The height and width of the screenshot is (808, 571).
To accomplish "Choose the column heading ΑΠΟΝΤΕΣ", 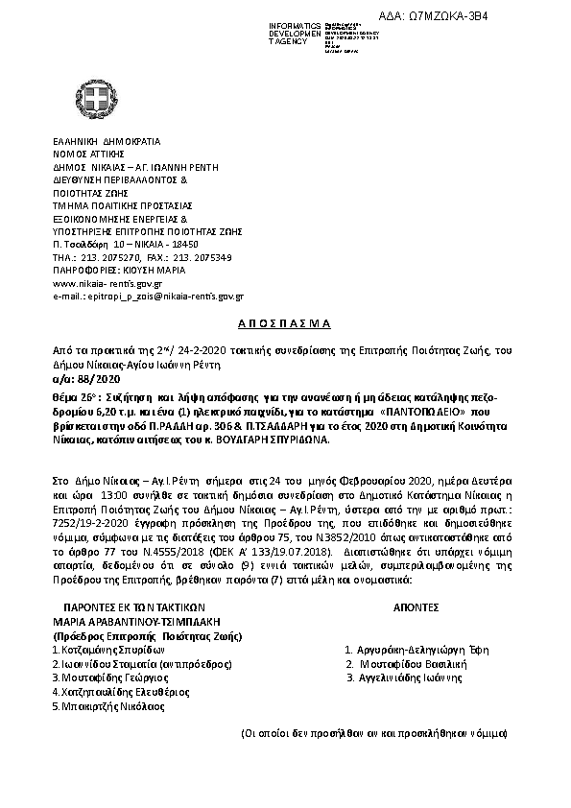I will [x=416, y=608].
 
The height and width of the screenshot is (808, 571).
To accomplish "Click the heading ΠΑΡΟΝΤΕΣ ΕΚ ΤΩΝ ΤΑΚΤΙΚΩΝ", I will [x=133, y=608].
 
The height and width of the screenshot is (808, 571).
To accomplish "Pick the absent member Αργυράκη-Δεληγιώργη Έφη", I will [x=414, y=650].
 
